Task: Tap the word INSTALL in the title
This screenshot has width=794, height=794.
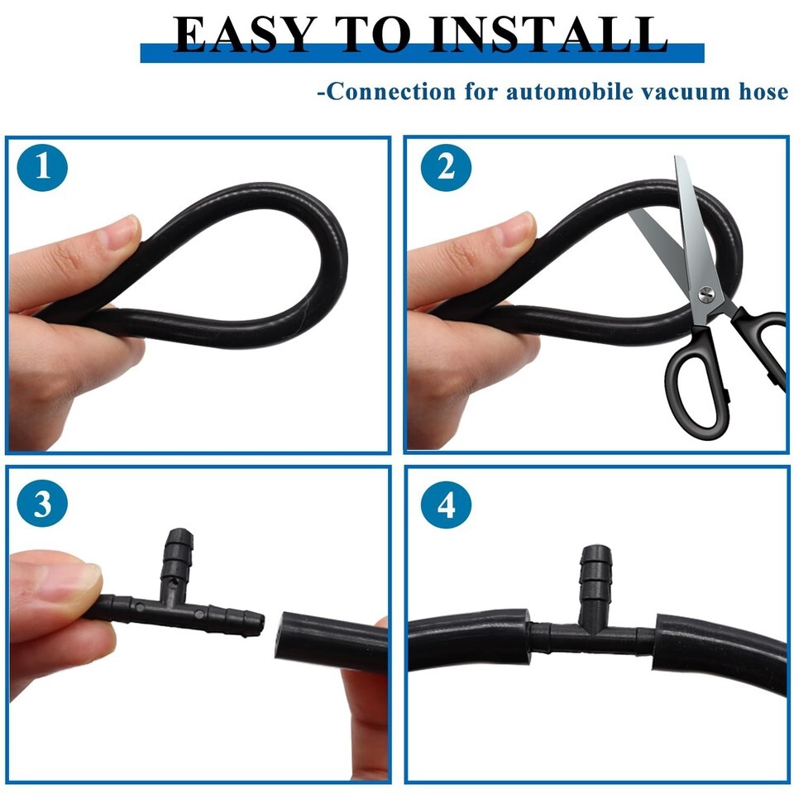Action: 548,35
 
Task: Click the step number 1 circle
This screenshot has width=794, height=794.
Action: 42,167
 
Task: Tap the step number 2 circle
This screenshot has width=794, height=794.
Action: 446,167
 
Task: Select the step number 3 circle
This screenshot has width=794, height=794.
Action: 42,504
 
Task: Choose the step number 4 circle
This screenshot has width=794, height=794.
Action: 446,504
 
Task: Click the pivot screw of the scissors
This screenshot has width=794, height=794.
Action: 706,294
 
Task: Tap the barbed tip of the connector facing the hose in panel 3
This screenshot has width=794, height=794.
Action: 256,623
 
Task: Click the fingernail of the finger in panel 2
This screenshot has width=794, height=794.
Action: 515,228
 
